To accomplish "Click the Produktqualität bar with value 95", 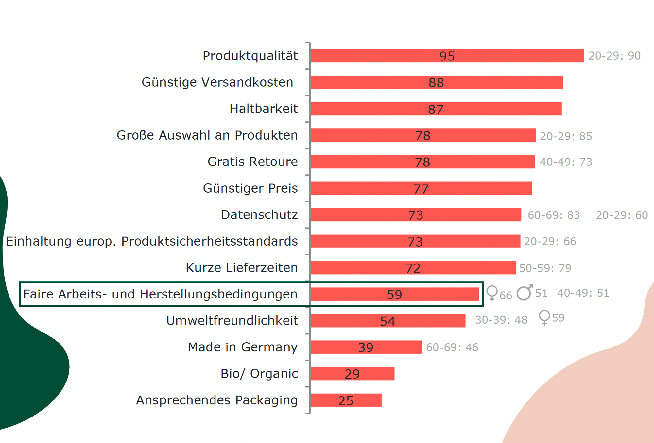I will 447,56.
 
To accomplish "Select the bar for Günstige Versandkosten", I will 436,82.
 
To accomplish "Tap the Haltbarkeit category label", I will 264,109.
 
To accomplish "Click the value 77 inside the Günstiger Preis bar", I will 421,189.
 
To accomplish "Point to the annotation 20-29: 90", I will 614,56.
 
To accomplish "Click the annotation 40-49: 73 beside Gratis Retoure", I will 566,162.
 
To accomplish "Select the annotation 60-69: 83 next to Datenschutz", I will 554,215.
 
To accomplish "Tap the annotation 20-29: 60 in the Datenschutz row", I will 622,215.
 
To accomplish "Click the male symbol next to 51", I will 525,292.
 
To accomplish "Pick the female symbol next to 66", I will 492,293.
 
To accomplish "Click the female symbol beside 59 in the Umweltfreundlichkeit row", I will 544,317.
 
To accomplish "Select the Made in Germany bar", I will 366,347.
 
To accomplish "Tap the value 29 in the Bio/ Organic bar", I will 352,374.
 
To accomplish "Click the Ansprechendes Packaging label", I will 217,400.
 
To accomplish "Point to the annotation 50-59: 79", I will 545,268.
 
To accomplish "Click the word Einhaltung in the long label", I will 39,241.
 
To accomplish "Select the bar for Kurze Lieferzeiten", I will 413,268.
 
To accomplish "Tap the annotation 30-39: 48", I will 501,320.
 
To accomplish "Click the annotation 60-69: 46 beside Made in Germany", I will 452,347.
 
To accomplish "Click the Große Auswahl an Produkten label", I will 207,135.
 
